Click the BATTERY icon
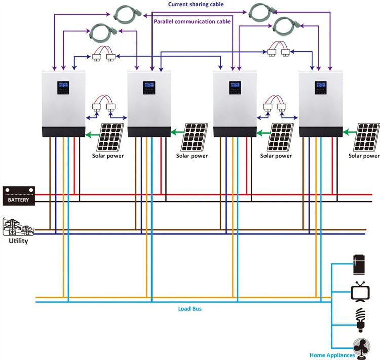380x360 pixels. [x=19, y=196]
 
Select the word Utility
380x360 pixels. [x=18, y=241]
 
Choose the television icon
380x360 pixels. [x=359, y=293]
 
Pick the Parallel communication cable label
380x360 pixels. [x=192, y=21]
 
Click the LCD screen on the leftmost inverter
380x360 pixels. [x=63, y=87]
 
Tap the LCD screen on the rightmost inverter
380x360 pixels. [x=321, y=87]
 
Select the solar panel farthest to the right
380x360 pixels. [x=367, y=136]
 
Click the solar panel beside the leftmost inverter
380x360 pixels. [x=109, y=136]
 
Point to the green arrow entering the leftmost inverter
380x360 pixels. [x=92, y=134]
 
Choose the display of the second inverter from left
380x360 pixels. [x=149, y=87]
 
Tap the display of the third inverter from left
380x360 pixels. [x=235, y=87]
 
